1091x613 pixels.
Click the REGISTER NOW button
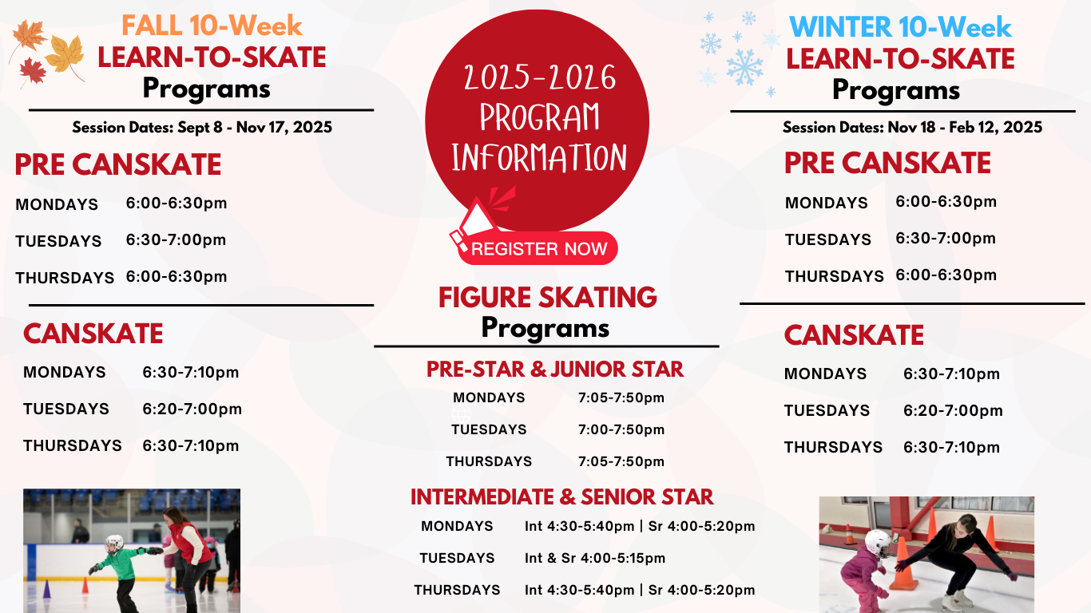coord(538,248)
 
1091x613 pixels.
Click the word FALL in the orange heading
coord(152,26)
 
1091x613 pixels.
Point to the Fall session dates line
coord(202,128)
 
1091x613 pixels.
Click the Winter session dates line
coord(912,128)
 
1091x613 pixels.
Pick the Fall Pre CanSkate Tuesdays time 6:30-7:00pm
coord(176,240)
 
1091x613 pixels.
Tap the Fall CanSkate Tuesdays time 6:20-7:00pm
coord(192,409)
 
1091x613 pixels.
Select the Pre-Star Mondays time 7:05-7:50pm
coord(621,397)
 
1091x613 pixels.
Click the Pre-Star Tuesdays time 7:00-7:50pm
coord(621,429)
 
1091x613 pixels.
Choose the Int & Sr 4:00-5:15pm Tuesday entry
coord(595,558)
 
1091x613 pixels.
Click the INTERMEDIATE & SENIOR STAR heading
coord(561,497)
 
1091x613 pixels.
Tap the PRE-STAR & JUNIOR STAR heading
coord(555,370)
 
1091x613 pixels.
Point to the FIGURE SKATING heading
coord(547,298)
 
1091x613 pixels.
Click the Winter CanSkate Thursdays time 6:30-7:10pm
coord(951,448)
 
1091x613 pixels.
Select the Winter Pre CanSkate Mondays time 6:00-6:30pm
coord(946,202)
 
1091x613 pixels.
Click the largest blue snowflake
coord(744,67)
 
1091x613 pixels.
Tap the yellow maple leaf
coord(65,54)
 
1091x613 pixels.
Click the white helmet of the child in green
coord(114,542)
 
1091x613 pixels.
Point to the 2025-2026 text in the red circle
coord(540,78)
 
